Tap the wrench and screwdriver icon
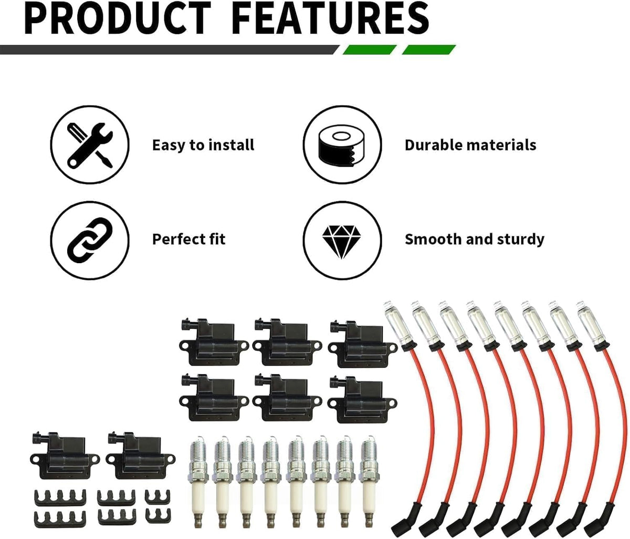coord(90,144)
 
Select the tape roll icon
coord(342,144)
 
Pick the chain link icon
coord(90,241)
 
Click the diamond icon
coord(342,241)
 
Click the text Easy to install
coord(203,145)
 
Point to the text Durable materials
coord(470,145)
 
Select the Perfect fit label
coord(188,239)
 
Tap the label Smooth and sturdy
coord(474,239)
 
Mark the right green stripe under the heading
coord(429,50)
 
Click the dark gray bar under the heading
coord(170,50)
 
